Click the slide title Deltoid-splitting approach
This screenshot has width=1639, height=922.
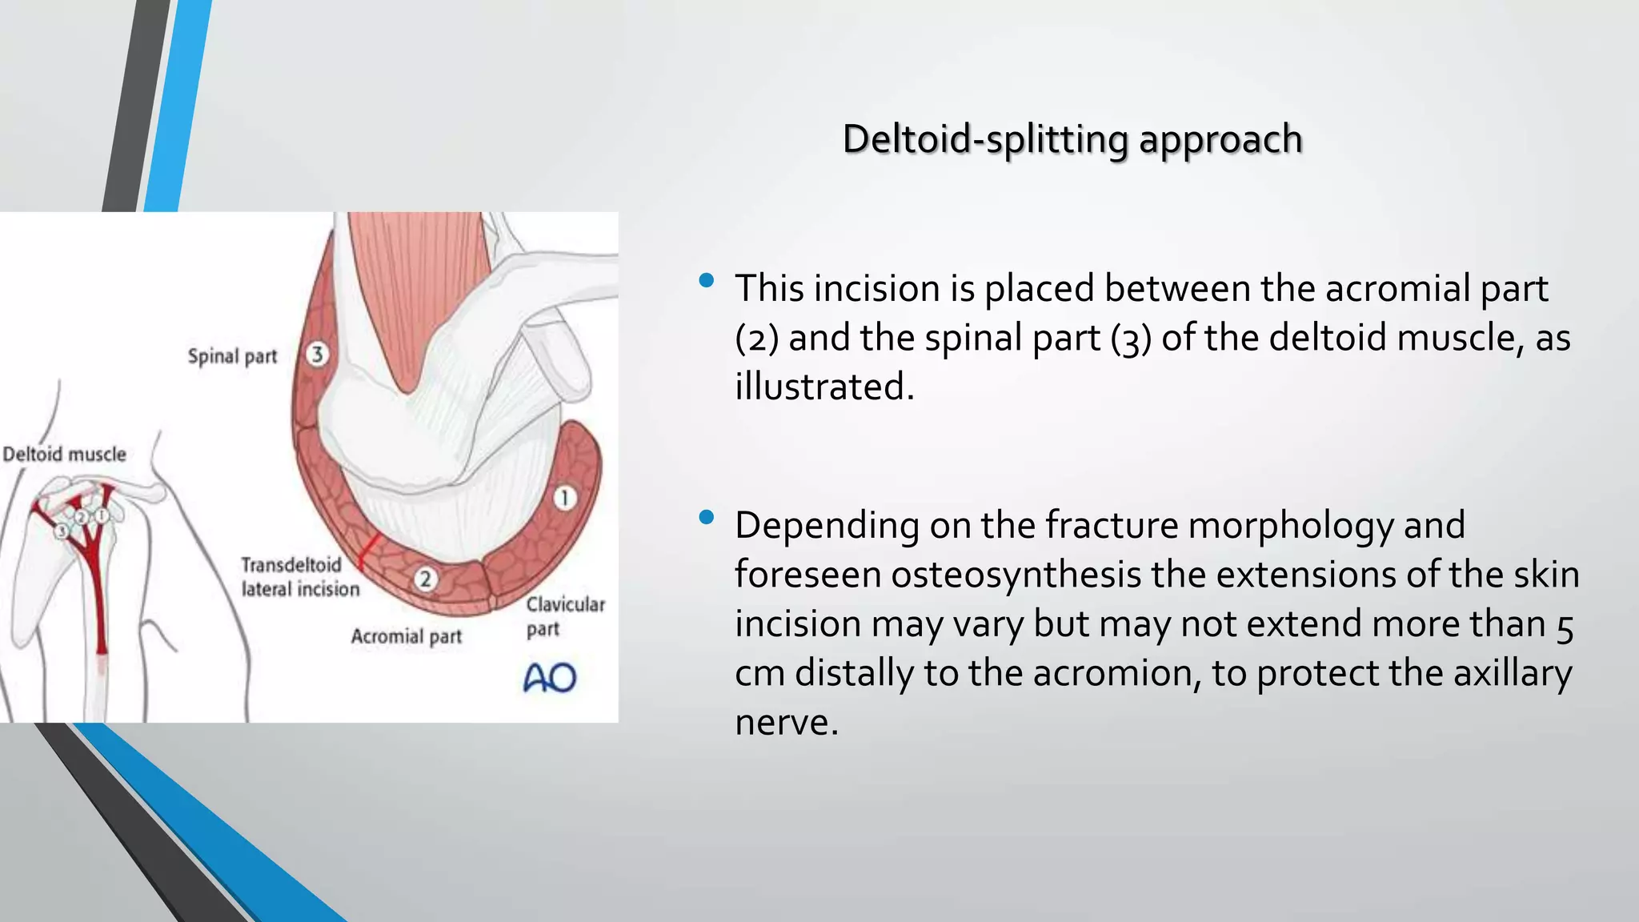pos(1072,139)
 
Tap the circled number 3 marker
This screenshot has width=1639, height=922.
pos(317,354)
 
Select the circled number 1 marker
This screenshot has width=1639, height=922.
pos(565,498)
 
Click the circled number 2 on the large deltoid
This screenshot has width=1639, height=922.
pos(426,578)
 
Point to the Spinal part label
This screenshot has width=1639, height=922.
pos(232,356)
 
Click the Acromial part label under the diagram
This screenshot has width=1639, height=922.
pos(407,636)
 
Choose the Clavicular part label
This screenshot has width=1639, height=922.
pos(565,615)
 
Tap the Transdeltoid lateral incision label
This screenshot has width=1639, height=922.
pos(299,577)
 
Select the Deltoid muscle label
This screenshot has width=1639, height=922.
pos(64,455)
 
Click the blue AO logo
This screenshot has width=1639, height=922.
pos(550,678)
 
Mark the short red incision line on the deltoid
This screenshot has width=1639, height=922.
pos(367,552)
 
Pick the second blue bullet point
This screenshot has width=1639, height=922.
pos(706,518)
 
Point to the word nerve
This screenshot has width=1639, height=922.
pos(786,723)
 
